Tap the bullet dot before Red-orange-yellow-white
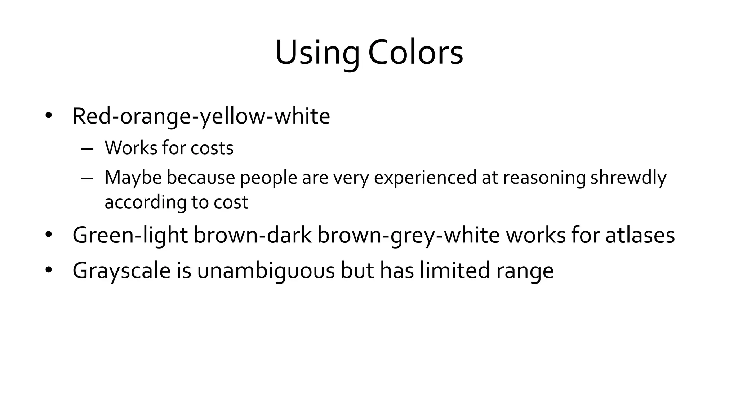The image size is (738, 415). click(49, 116)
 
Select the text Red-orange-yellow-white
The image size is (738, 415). click(201, 116)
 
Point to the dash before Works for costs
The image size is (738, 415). click(87, 148)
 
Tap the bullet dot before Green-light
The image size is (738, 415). click(49, 235)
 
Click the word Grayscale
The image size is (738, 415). click(121, 271)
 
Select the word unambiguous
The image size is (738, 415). click(266, 271)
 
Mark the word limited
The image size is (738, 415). click(455, 271)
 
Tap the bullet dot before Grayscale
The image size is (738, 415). click(49, 270)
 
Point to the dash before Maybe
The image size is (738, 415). click(87, 178)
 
